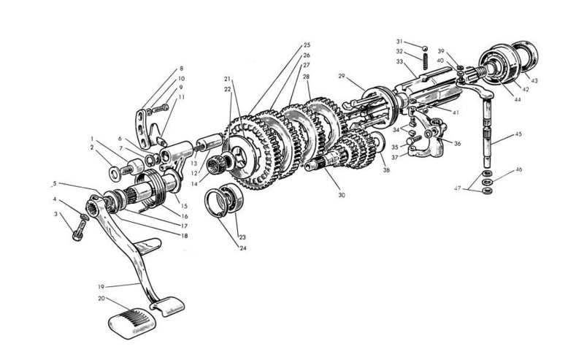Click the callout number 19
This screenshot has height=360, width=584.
(101, 287)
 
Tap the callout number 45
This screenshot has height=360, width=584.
(518, 134)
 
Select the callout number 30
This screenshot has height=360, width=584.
(342, 195)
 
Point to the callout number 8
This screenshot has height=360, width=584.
(181, 69)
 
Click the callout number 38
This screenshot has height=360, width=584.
(386, 170)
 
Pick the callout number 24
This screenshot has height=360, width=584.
(243, 248)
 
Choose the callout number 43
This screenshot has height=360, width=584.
(534, 81)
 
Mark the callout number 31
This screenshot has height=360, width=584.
(399, 42)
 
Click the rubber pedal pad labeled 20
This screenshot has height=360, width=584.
(132, 323)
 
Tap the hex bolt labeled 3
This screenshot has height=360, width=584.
(80, 229)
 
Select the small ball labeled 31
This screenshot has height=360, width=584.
(424, 48)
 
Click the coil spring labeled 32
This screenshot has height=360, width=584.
(424, 61)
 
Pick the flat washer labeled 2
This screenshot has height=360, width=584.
(115, 172)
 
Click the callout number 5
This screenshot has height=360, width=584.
(55, 183)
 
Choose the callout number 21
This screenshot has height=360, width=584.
(228, 79)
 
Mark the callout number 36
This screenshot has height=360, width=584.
(457, 143)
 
